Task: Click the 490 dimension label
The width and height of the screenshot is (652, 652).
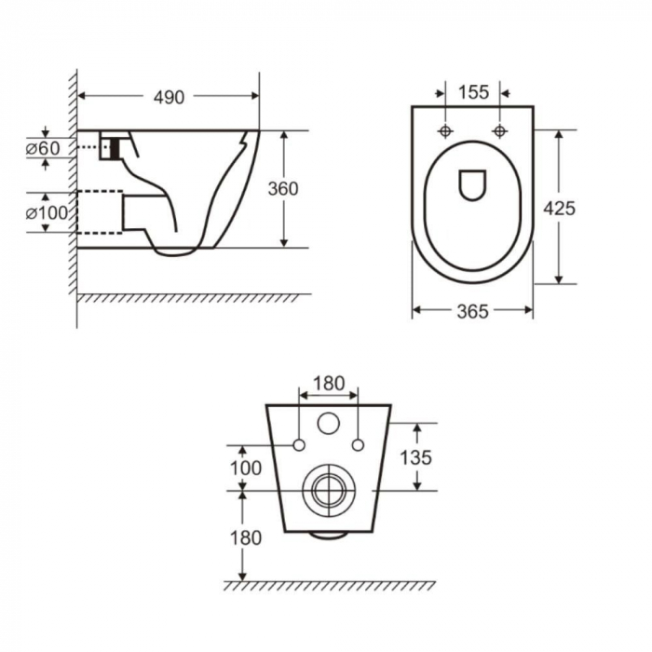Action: [x=169, y=97]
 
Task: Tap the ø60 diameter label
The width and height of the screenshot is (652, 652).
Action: [x=43, y=148]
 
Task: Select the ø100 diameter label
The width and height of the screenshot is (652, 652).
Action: [x=47, y=213]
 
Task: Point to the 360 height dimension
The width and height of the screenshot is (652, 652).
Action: [x=283, y=189]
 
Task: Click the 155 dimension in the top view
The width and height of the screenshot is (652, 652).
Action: [x=473, y=92]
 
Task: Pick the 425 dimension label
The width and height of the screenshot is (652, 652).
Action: [x=559, y=208]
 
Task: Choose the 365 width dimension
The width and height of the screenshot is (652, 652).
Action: [x=473, y=311]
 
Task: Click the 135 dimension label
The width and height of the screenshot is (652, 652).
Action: [x=415, y=457]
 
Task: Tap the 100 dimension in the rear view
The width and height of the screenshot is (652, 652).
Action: [x=246, y=469]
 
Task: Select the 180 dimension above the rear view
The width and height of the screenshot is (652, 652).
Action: [x=329, y=384]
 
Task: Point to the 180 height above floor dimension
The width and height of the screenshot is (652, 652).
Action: [x=246, y=537]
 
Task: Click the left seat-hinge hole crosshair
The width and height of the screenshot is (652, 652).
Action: [x=445, y=131]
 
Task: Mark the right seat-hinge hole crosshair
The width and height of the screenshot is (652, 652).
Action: [x=499, y=131]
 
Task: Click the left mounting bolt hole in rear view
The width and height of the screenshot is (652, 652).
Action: [x=299, y=445]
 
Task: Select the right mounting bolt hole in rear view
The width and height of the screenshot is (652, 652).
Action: [x=358, y=445]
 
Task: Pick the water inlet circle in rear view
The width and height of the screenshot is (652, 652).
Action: [x=329, y=423]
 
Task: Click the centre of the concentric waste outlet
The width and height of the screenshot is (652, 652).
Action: [x=329, y=491]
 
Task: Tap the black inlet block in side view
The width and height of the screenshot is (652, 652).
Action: [x=115, y=148]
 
